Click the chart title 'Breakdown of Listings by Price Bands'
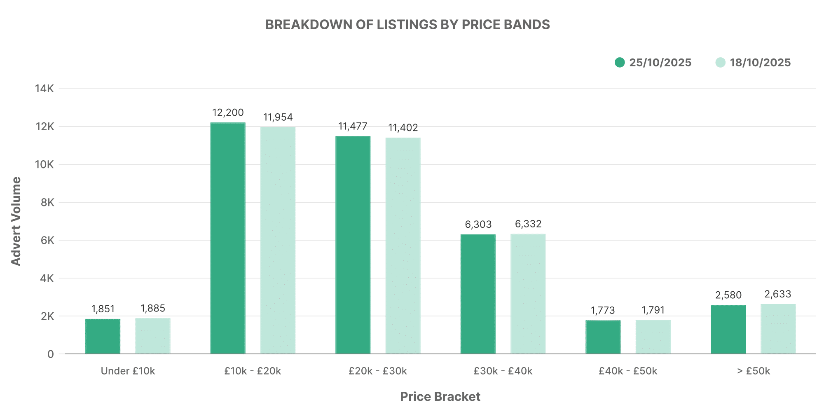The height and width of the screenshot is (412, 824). click(x=407, y=25)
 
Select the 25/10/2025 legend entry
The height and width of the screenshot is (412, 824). click(x=653, y=63)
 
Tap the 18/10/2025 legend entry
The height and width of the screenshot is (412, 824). click(x=753, y=63)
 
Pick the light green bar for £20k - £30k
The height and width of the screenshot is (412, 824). click(x=403, y=246)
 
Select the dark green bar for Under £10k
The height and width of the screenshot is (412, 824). click(x=103, y=336)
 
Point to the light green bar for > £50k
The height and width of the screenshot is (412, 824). click(x=778, y=329)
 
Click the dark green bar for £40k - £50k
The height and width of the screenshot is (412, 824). click(x=603, y=337)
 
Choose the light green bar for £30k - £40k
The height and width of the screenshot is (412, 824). click(x=528, y=294)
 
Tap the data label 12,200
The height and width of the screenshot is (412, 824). click(x=228, y=112)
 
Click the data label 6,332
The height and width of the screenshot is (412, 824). click(x=528, y=224)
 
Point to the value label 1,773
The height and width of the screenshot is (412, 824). click(x=603, y=310)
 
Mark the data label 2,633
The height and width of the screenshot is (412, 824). click(x=778, y=294)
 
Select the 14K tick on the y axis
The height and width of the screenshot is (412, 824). click(x=44, y=89)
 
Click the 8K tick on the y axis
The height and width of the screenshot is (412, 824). click(x=47, y=202)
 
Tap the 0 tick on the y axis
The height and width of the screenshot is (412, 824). click(x=50, y=354)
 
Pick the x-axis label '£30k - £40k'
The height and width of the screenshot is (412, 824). click(x=503, y=371)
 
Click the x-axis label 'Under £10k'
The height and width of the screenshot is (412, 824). click(x=128, y=371)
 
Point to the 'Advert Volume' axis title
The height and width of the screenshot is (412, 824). click(x=16, y=221)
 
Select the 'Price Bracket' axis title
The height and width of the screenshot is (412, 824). click(x=440, y=397)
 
